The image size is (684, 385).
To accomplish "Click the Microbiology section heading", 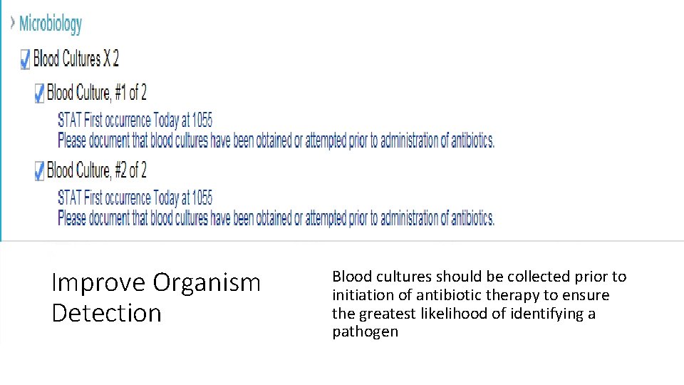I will pyautogui.click(x=51, y=24).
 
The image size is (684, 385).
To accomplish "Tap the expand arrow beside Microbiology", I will pyautogui.click(x=12, y=23).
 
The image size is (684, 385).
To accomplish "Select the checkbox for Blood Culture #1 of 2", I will pyautogui.click(x=39, y=93).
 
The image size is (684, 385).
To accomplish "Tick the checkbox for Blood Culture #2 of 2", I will pyautogui.click(x=39, y=170).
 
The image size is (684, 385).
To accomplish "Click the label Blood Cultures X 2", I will pyautogui.click(x=76, y=58).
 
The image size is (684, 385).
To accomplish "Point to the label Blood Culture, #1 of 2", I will pyautogui.click(x=97, y=93).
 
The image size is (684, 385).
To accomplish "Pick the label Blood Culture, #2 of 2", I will pyautogui.click(x=97, y=170).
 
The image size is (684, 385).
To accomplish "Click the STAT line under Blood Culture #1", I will pyautogui.click(x=135, y=120).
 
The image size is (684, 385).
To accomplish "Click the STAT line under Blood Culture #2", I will pyautogui.click(x=135, y=197).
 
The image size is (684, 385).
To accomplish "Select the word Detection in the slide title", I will pyautogui.click(x=107, y=313).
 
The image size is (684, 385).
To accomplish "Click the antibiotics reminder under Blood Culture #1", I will pyautogui.click(x=276, y=140).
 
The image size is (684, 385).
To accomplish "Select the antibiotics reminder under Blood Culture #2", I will pyautogui.click(x=276, y=217).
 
